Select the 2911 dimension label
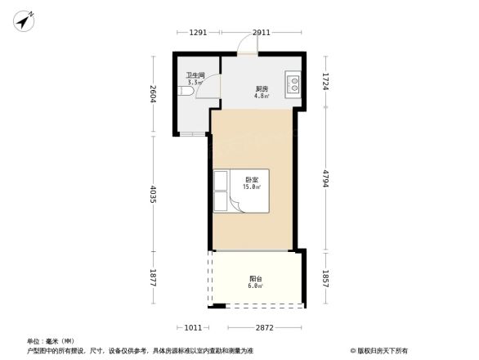point(261,33)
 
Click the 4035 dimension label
point(153,192)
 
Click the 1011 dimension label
point(193,327)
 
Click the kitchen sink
point(292,83)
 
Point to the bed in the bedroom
point(226,190)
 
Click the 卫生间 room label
point(195,76)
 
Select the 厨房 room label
point(261,88)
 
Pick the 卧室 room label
point(252,180)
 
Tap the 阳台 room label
point(256,279)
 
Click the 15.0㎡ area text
point(252,187)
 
